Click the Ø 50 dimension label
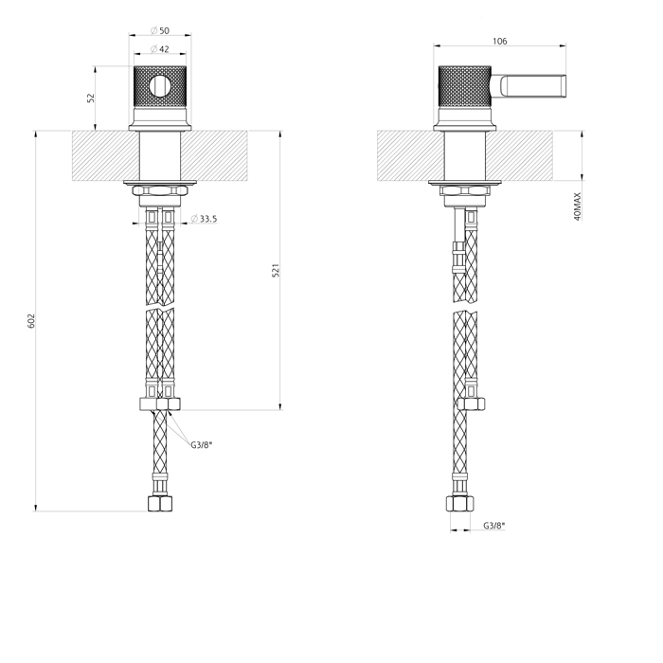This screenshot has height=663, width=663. coord(160,30)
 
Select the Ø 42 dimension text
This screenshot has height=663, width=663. coord(160,49)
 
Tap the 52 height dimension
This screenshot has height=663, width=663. coord(91,98)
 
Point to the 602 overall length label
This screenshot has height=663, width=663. coord(31,321)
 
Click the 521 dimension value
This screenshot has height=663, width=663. coord(276,270)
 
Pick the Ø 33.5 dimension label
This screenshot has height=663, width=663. coord(204,219)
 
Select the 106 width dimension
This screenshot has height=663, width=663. coord(499,41)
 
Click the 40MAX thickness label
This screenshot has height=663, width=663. coord(578,206)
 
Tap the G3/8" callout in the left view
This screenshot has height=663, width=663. coord(201,445)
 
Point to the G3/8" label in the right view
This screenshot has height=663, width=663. coord(494,526)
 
